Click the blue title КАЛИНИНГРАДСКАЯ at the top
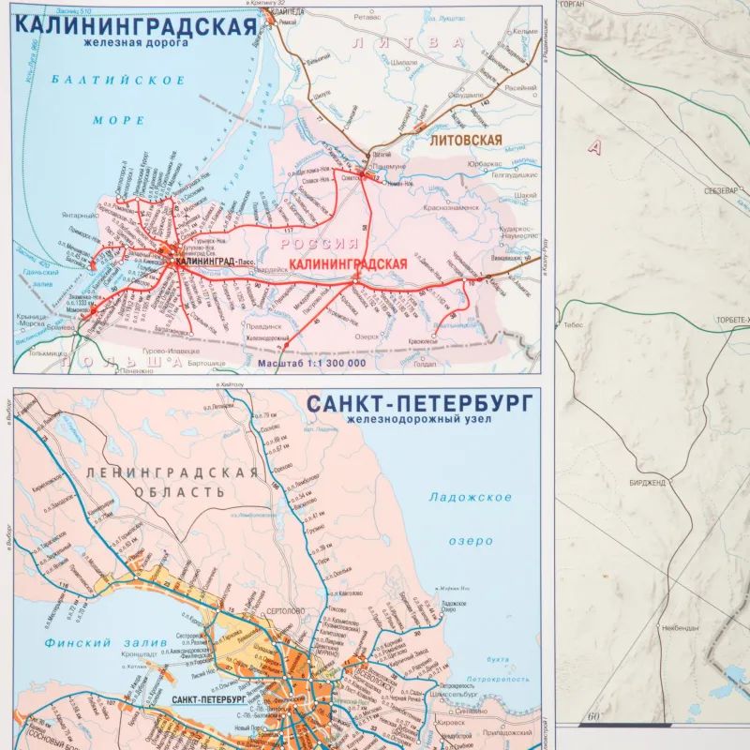[x=135, y=24]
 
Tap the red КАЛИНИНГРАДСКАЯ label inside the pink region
[x=349, y=264]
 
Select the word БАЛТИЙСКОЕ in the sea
[x=119, y=81]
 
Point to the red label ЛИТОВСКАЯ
[x=466, y=141]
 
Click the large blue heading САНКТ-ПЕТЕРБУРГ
[x=419, y=404]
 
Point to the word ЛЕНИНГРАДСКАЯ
[x=171, y=472]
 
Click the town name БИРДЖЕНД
[x=646, y=483]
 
